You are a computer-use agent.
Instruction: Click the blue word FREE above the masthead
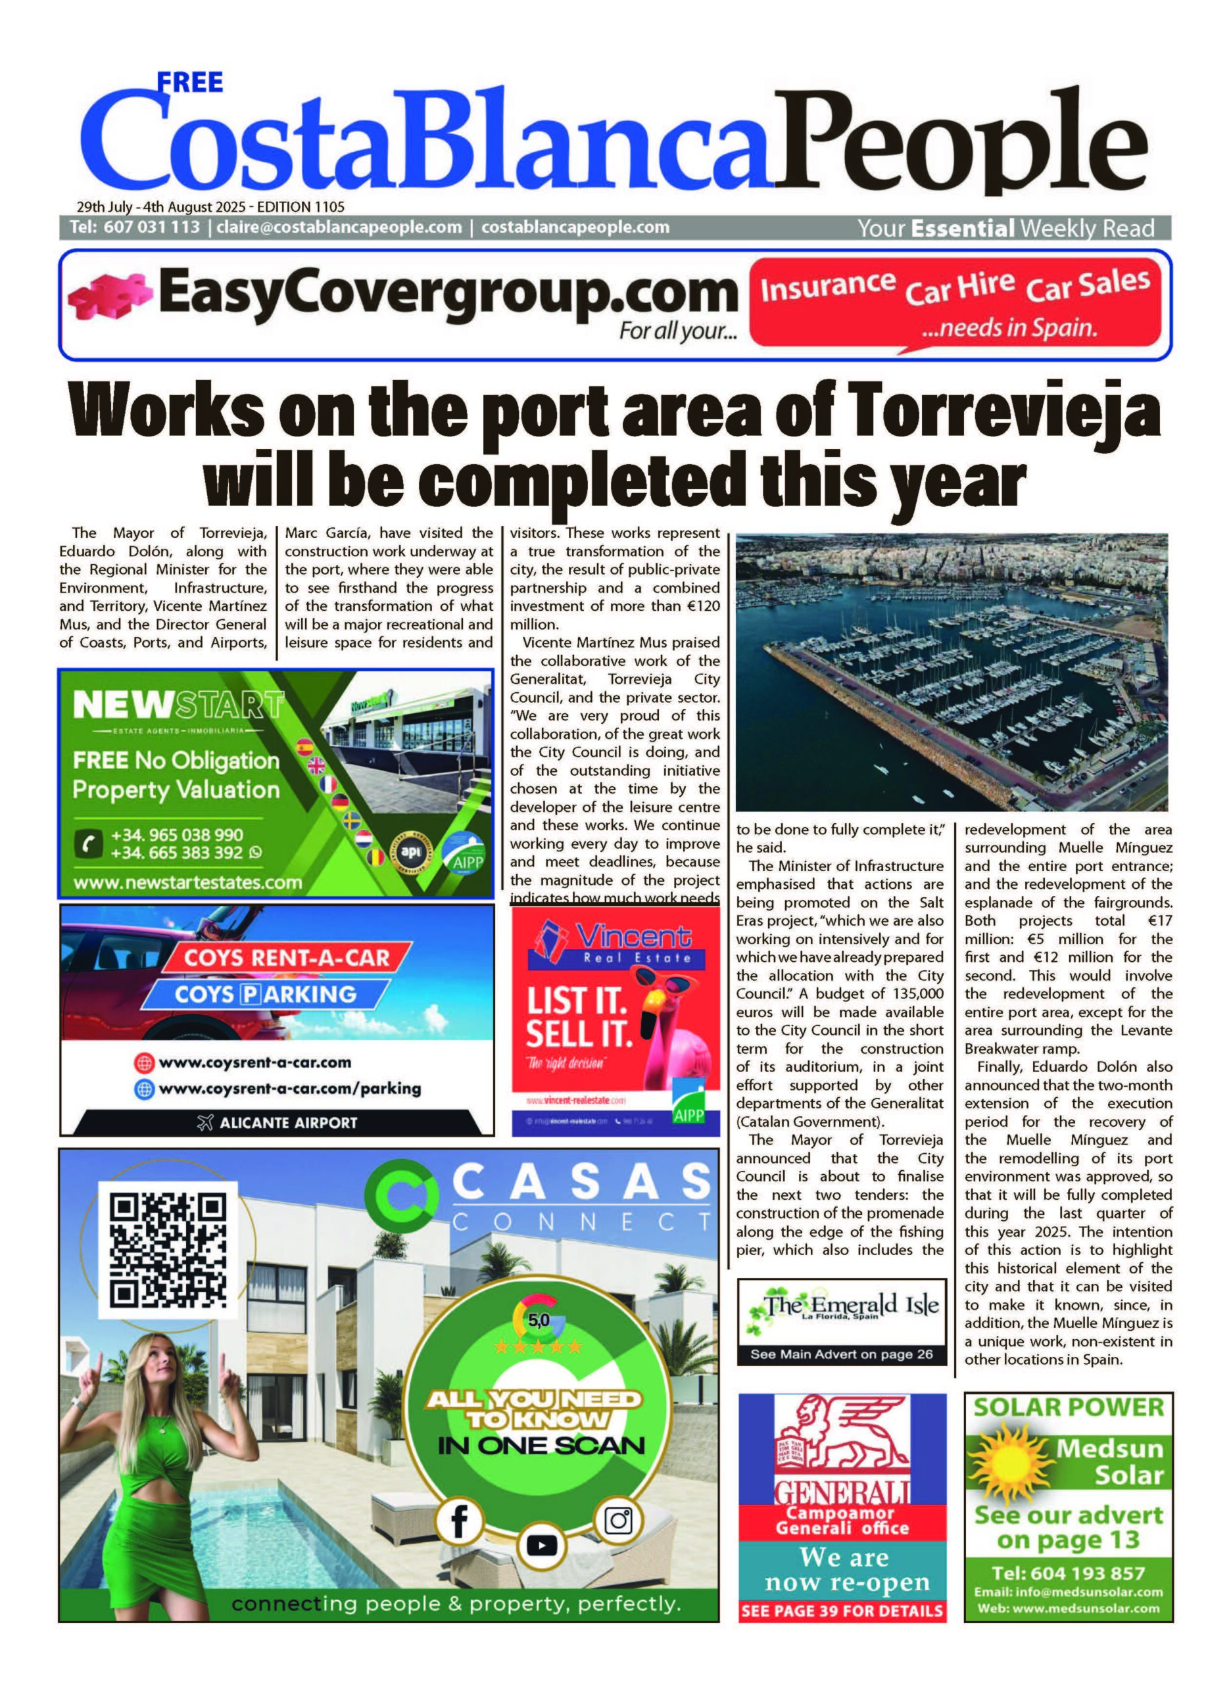point(190,82)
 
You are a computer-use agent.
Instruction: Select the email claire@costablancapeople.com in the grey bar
point(339,227)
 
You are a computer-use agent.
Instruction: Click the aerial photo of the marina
point(951,671)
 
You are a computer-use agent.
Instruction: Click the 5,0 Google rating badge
point(538,1320)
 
